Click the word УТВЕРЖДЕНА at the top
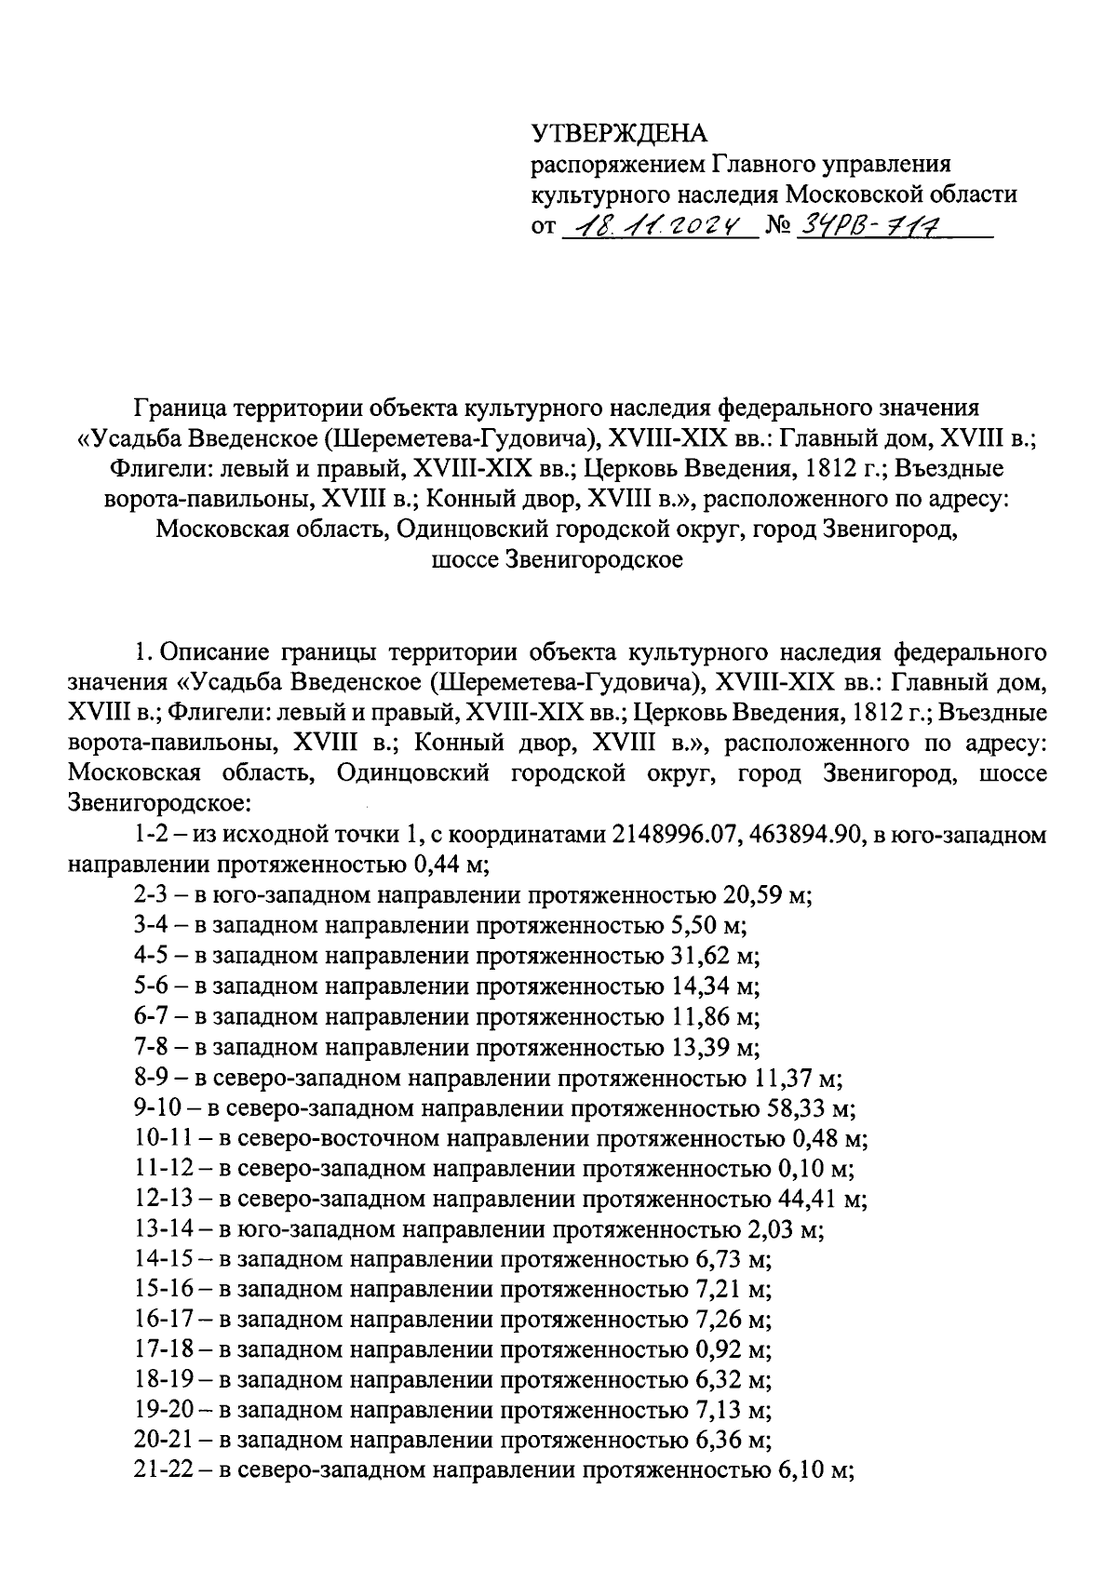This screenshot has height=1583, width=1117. [619, 134]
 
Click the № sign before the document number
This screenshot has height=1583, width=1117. [777, 227]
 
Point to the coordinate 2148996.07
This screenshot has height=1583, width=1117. [669, 836]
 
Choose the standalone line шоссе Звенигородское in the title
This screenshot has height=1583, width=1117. [558, 560]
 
